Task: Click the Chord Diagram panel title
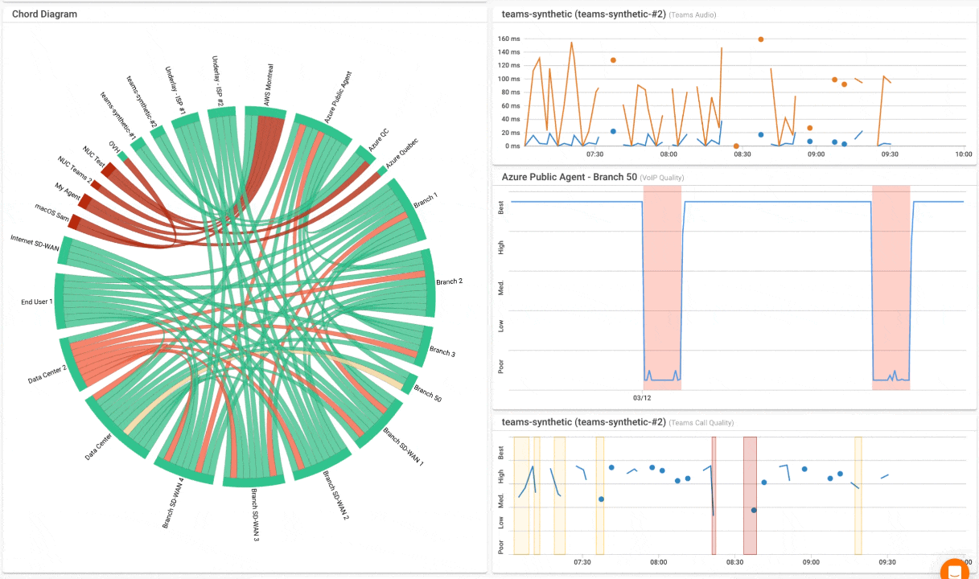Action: pos(45,14)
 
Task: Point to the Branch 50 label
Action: pos(427,393)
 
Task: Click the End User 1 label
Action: pos(37,302)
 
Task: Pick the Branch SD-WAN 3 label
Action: pos(255,515)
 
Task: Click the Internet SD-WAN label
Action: pos(35,243)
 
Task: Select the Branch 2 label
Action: pos(449,282)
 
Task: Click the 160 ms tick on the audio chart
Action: pos(508,39)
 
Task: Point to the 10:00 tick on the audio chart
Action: pos(963,154)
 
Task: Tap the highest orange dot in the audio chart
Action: pos(760,39)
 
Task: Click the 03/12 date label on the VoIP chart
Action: pos(641,397)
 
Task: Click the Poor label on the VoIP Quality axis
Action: pos(501,366)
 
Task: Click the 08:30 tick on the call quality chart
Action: pos(734,563)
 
